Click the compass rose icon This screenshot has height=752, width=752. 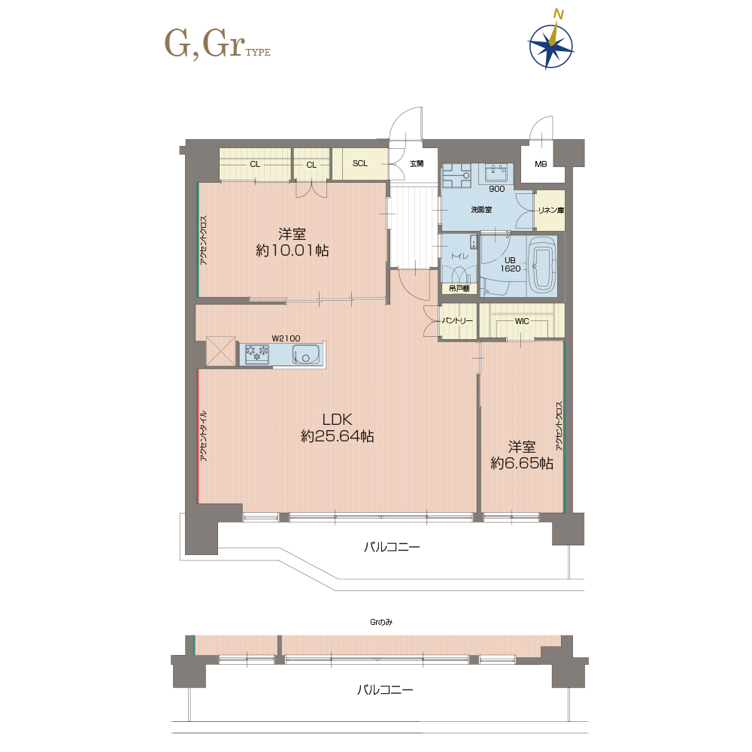point(551,46)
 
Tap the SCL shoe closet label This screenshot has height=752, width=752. point(359,163)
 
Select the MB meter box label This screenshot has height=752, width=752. point(541,164)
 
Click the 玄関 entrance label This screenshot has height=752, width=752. point(417,163)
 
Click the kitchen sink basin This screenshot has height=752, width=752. point(306,355)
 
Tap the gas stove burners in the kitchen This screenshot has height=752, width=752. point(257,354)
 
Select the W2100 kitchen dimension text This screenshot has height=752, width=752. point(286,338)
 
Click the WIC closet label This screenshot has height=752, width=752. point(522,321)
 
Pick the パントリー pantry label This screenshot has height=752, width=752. point(457,320)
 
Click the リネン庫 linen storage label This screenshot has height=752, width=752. point(551,210)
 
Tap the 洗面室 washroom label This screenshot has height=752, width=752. point(481,210)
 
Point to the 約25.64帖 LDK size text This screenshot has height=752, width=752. point(337,436)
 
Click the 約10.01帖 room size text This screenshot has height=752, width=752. point(292,250)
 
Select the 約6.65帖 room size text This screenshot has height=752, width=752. point(522,463)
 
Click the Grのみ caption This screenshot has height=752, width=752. point(381,622)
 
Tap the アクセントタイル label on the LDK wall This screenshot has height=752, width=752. point(203,436)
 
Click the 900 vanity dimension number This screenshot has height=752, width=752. point(497,189)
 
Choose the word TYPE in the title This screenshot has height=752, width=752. point(258,53)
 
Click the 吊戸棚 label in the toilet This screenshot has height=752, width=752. point(459,289)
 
